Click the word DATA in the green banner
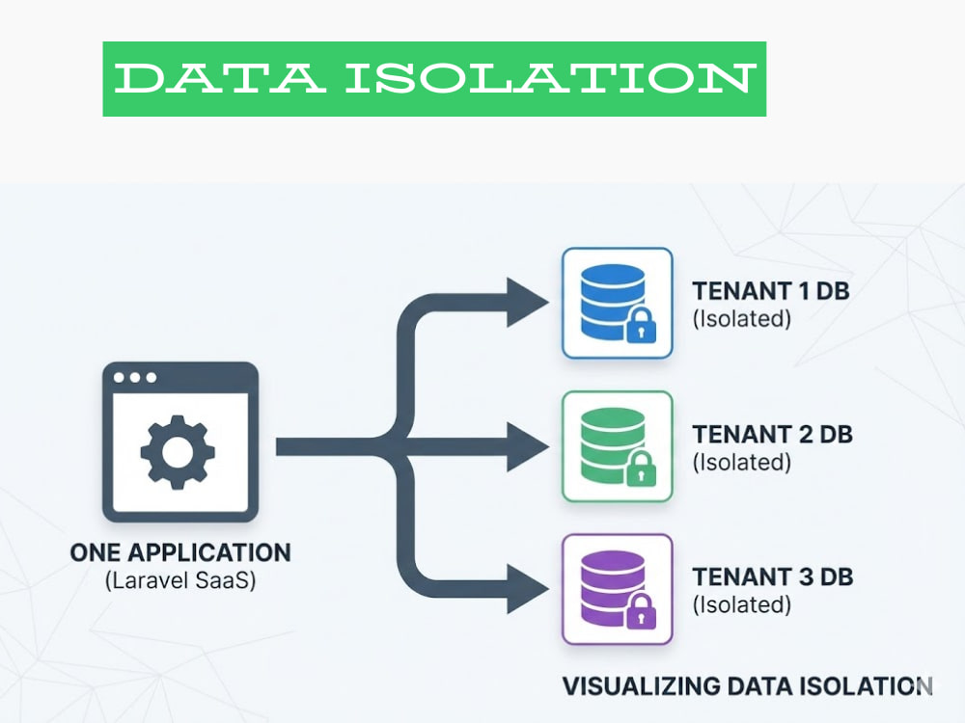coord(219,78)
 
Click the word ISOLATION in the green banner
coord(550,78)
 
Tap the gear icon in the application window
coord(178,452)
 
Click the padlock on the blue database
coord(641,325)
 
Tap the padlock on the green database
coord(641,469)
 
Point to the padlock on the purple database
coord(641,612)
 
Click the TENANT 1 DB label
coord(770,291)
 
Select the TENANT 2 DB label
coord(772,434)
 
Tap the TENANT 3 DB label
coord(772,576)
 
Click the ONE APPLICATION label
coord(180,552)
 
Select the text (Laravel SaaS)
coord(180,579)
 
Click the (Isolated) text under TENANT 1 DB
coord(741,318)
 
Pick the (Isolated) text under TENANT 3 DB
coord(741,604)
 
